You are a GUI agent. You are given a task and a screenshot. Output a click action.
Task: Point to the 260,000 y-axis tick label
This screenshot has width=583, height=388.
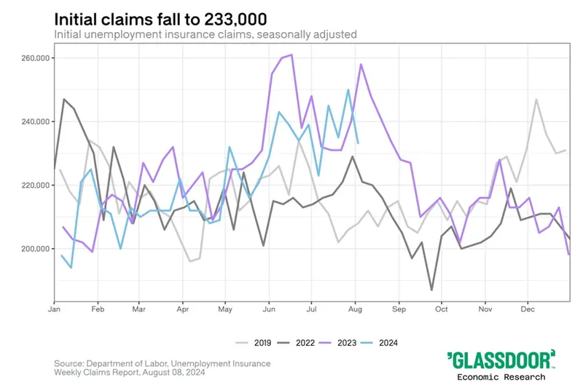(x=34, y=58)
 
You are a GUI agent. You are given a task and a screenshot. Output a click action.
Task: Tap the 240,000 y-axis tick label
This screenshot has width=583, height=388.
(x=34, y=122)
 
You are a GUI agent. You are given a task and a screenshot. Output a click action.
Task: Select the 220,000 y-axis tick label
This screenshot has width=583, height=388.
(x=34, y=186)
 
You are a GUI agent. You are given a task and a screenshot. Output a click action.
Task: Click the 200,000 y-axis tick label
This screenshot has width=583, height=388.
(x=34, y=249)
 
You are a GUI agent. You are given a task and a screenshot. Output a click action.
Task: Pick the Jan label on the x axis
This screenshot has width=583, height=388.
(x=54, y=309)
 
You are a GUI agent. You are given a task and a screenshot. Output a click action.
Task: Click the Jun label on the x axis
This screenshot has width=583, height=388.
(x=269, y=309)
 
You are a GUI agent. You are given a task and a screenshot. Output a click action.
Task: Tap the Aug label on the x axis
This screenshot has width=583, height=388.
(x=355, y=309)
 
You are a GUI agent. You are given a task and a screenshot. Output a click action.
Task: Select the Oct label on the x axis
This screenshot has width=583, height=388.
(x=441, y=309)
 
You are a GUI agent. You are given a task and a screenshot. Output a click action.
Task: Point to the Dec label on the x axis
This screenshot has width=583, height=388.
(x=527, y=309)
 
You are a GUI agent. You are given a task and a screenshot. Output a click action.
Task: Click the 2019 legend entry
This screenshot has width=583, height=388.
(x=256, y=341)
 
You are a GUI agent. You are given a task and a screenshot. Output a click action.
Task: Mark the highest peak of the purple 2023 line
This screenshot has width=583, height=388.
(x=291, y=55)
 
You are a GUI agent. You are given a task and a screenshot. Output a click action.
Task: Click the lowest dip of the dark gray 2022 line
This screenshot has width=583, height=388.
(x=431, y=290)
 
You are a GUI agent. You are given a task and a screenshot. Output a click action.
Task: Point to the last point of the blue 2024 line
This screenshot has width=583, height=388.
(x=357, y=143)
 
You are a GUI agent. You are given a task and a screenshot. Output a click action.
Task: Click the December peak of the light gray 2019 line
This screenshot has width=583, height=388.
(x=536, y=99)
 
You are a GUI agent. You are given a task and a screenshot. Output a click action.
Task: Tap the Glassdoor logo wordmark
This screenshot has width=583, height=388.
(x=501, y=359)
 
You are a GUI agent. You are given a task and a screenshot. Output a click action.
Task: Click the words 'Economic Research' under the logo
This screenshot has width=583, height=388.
(x=501, y=376)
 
